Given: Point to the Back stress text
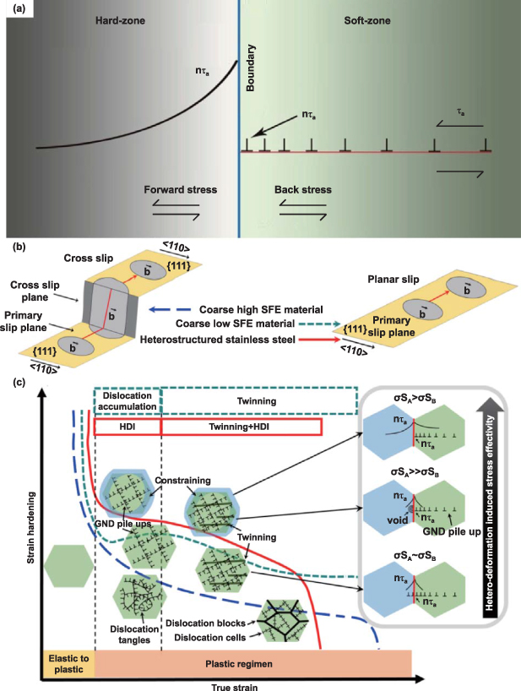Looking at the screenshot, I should (303, 190).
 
